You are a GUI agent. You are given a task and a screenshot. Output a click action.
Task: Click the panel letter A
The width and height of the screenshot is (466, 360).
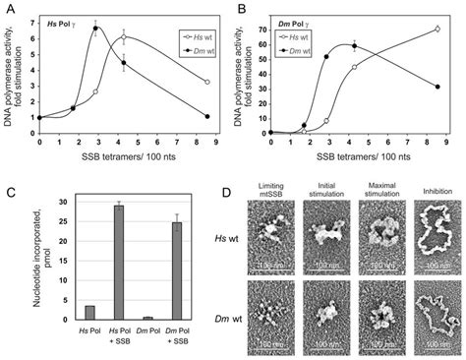[x=8, y=8]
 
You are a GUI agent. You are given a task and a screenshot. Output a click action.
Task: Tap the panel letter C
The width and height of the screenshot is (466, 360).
[x=8, y=188]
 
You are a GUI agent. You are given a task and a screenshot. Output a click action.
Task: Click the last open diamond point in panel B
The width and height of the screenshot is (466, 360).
[x=437, y=29]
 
